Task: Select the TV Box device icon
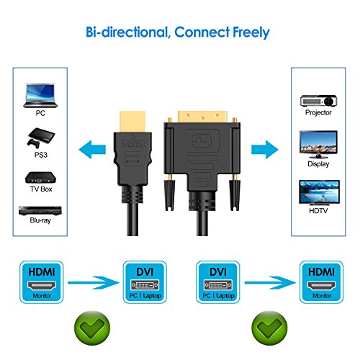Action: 37,178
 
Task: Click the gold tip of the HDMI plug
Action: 132,120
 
